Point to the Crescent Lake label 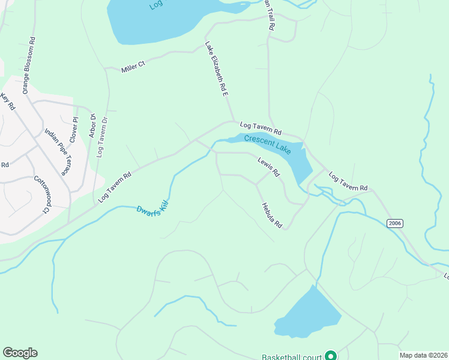[267, 144]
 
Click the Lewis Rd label [269, 167]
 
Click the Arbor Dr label [92, 125]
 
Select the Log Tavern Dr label [101, 136]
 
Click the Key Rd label [8, 101]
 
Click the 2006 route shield [394, 223]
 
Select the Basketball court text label [292, 356]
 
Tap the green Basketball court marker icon [330, 356]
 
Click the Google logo [20, 353]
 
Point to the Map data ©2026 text [423, 355]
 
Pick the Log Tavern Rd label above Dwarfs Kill [115, 187]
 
